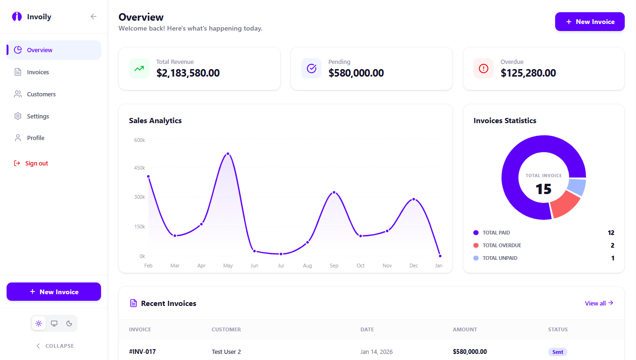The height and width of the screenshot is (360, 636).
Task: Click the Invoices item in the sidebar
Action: click(38, 72)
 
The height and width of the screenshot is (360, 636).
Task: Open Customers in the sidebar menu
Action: click(41, 94)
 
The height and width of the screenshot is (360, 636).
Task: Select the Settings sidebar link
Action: click(38, 117)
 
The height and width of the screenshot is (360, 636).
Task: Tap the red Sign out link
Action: click(36, 164)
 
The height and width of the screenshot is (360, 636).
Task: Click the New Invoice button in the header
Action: click(589, 22)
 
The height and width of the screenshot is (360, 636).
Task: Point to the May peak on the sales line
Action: click(228, 154)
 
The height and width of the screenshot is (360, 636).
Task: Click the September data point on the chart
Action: click(334, 192)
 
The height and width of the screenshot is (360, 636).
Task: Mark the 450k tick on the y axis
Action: click(140, 168)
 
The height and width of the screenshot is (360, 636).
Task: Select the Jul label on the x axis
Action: click(281, 266)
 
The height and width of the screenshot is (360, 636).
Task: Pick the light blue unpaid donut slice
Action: click(577, 187)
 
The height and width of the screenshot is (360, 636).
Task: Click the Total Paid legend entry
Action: click(496, 233)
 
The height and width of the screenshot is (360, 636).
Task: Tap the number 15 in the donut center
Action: click(543, 189)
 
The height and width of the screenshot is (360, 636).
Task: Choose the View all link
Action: click(599, 303)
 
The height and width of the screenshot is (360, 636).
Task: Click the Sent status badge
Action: click(557, 352)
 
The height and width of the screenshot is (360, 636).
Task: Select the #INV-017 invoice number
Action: click(142, 352)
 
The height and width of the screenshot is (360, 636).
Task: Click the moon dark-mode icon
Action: click(69, 323)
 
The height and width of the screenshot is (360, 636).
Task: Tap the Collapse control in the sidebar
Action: click(55, 346)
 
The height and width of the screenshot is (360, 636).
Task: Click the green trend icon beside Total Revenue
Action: click(139, 69)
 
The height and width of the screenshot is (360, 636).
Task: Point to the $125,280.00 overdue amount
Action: click(528, 73)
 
